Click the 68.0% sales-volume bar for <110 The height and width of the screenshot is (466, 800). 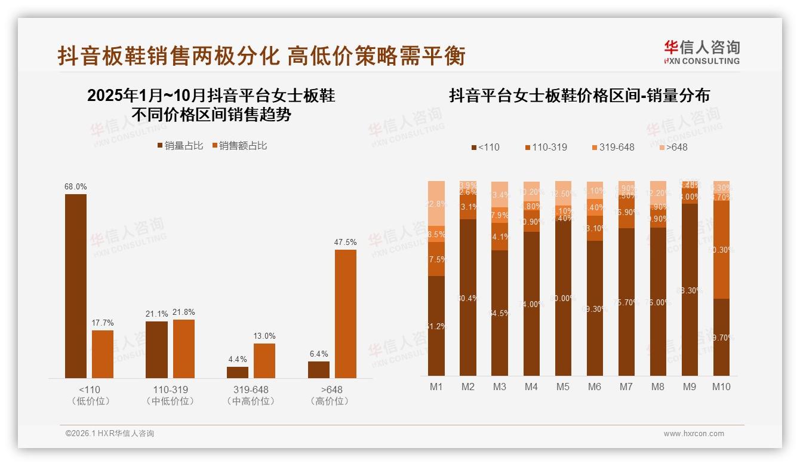(x=76, y=286)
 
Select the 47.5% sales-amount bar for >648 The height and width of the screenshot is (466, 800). (x=345, y=314)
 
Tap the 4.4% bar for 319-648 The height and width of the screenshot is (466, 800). (x=238, y=372)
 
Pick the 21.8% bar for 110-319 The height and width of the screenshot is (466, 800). (x=184, y=348)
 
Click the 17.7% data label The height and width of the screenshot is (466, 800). (x=103, y=323)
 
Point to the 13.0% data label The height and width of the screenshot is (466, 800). (x=264, y=336)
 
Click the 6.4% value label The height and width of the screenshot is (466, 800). (x=319, y=354)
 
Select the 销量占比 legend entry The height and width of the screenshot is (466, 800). (x=180, y=145)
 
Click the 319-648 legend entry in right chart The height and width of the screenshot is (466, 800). (x=613, y=147)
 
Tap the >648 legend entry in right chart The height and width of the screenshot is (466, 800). (x=673, y=147)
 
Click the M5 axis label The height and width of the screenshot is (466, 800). (x=562, y=387)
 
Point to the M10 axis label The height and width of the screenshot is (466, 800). (x=721, y=387)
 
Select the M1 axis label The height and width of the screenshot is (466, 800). (x=436, y=387)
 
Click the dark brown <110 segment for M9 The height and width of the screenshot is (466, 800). (x=690, y=290)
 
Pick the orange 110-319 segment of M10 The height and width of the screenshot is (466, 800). (x=721, y=249)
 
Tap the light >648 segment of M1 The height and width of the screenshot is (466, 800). (x=436, y=203)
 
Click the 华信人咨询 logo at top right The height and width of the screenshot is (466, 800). (x=701, y=52)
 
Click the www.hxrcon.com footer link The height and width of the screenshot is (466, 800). (x=694, y=434)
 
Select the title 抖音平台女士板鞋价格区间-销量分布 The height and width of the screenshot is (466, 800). (x=579, y=96)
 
